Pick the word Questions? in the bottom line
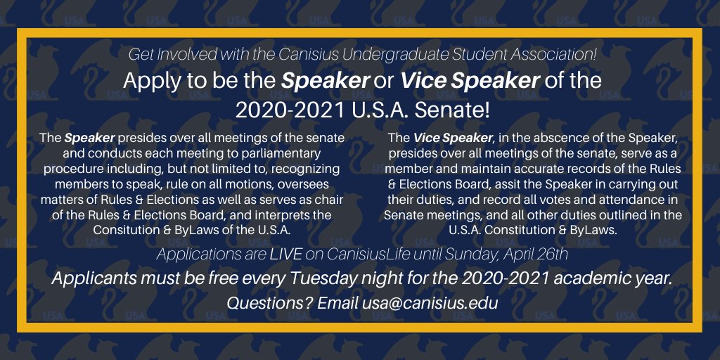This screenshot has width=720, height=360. tap(269, 304)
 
